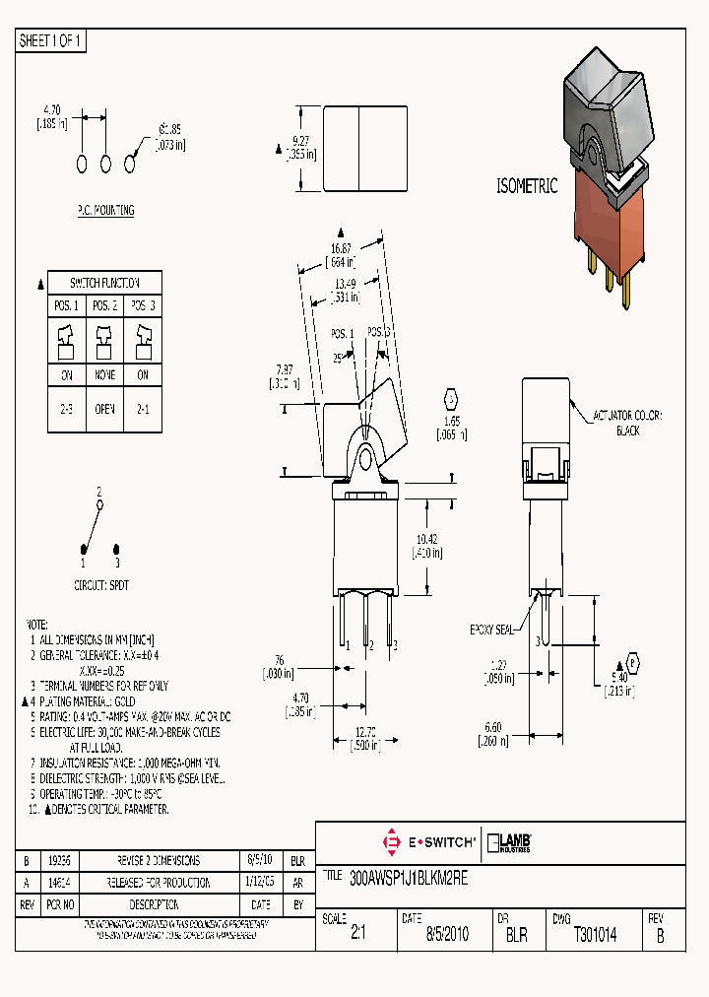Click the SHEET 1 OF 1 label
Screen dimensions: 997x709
click(51, 40)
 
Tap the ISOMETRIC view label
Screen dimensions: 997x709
click(526, 185)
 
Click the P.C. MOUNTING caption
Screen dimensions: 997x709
click(105, 210)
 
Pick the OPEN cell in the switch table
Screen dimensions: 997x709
click(105, 408)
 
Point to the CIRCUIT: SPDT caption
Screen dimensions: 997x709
click(101, 584)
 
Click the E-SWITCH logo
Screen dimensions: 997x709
click(428, 842)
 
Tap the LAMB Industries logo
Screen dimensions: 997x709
click(509, 842)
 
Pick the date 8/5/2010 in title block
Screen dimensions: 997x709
click(448, 935)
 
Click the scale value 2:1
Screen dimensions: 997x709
click(358, 935)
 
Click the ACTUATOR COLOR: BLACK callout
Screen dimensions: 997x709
click(627, 424)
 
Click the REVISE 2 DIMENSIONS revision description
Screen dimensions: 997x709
click(160, 859)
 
